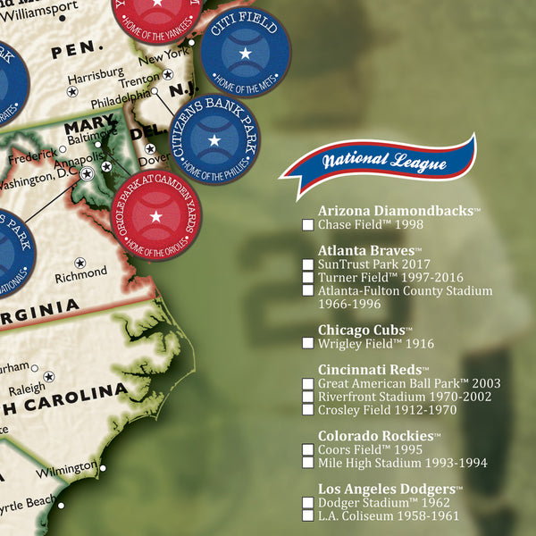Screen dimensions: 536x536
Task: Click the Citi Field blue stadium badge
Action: tap(244, 54)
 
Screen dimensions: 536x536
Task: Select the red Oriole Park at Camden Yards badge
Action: tap(155, 216)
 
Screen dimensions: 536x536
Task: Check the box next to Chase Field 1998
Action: tap(308, 226)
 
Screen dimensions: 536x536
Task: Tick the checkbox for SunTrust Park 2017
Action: tap(308, 265)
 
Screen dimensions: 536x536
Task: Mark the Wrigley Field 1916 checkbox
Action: tap(308, 344)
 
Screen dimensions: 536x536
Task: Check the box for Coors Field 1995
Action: tap(308, 450)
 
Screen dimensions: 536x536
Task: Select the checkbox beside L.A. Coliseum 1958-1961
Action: tap(308, 516)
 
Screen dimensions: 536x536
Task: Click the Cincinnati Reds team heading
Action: tap(373, 370)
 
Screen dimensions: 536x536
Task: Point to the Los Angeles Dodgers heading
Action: tap(389, 489)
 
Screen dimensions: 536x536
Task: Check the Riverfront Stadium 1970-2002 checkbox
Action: tap(308, 398)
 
